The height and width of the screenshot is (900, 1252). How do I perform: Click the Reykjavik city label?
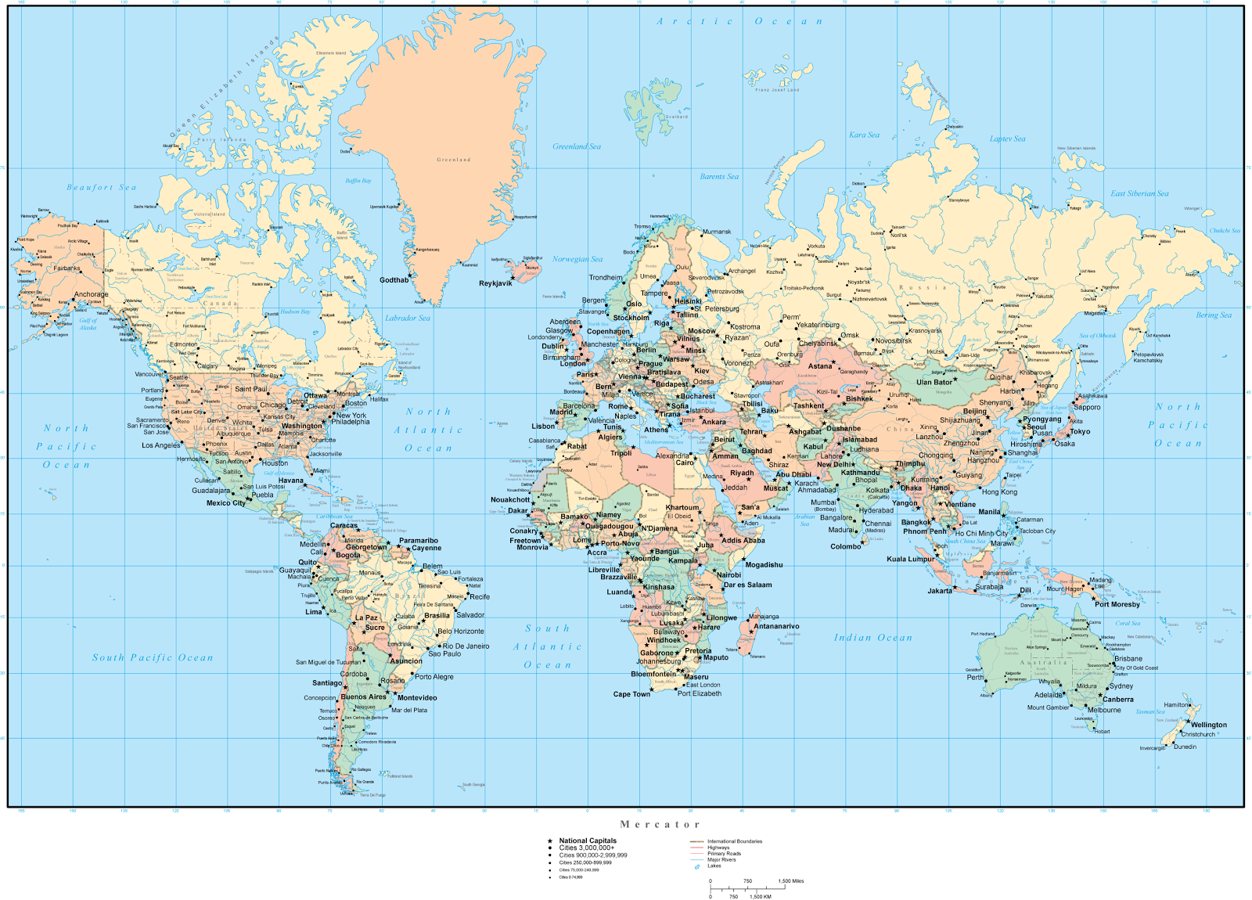pos(495,283)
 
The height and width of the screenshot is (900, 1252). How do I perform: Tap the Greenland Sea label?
pos(577,146)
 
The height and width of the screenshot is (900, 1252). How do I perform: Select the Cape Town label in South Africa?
pos(631,694)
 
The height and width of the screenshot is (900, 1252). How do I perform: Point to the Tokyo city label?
pos(1080,431)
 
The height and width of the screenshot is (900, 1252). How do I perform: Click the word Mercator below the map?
pos(660,824)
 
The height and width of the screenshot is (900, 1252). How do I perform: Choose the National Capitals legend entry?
pos(588,841)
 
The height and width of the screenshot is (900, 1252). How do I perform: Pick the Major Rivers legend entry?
pos(721,859)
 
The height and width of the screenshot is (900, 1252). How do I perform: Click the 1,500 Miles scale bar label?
pos(791,881)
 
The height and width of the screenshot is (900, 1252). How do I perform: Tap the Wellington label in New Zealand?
pos(1208,725)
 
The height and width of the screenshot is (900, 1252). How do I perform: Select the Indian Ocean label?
pos(872,638)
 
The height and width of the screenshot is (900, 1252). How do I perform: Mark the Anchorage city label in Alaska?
pos(92,294)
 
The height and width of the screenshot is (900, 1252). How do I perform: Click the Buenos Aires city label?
pos(363,697)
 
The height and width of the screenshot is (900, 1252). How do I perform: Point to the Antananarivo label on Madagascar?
pos(776,626)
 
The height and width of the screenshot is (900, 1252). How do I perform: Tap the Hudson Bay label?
pos(295,311)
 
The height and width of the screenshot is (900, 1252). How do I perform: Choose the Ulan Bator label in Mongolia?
pos(934,383)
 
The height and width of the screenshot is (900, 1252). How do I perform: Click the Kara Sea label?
pos(864,135)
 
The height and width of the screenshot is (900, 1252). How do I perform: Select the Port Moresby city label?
pos(1117,604)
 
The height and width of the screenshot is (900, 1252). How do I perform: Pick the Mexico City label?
pos(225,503)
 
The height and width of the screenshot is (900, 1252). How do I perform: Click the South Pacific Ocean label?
pos(153,657)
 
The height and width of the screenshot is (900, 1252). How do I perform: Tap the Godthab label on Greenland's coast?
pos(394,280)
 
